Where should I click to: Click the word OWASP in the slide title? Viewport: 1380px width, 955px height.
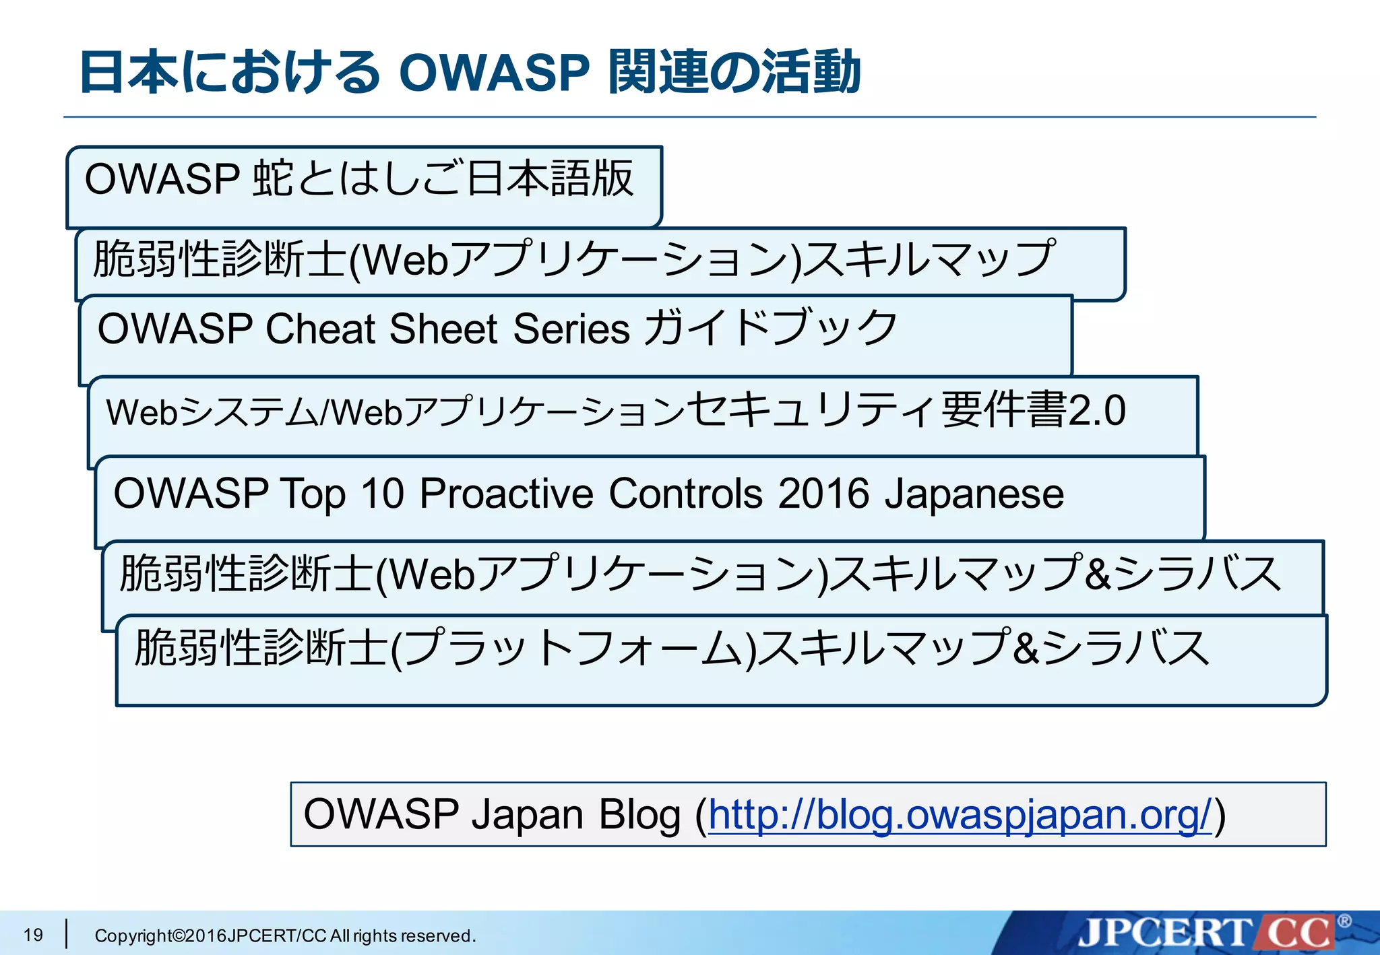tap(494, 73)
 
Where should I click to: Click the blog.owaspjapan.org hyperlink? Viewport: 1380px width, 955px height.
tap(960, 815)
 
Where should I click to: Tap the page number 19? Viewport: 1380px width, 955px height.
tap(33, 935)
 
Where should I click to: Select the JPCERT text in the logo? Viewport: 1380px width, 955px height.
tap(1163, 933)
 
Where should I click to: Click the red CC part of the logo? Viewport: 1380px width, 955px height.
tap(1298, 933)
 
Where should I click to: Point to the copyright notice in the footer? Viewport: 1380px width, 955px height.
tap(285, 935)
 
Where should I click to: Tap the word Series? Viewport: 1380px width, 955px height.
tap(571, 329)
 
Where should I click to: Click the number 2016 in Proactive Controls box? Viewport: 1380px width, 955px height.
tap(823, 494)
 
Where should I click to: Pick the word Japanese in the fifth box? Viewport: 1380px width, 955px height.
tap(974, 495)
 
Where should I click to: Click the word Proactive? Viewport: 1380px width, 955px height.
tap(506, 494)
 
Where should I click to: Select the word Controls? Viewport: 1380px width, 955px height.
tap(686, 494)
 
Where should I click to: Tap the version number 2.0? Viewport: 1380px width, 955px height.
tap(1097, 411)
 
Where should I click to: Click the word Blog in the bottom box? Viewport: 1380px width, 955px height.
tap(639, 815)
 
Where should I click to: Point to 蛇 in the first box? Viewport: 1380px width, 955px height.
tap(273, 179)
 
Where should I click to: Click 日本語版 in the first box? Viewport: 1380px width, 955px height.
tap(550, 179)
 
